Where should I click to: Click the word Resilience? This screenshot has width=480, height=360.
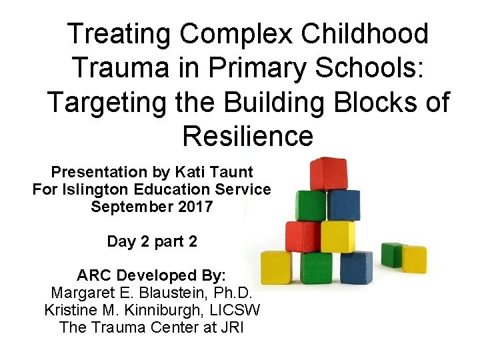[x=247, y=136]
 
